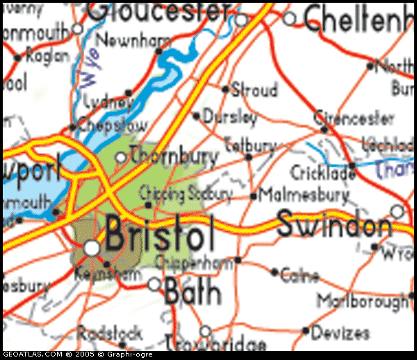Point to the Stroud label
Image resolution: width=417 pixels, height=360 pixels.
[x=254, y=90]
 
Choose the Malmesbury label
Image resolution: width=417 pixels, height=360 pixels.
[x=304, y=195]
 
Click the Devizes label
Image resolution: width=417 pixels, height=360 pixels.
[x=341, y=333]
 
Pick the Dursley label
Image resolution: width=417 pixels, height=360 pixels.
[x=230, y=117]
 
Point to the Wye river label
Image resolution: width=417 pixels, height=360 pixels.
[x=90, y=67]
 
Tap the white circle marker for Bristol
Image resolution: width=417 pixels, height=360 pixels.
[x=92, y=247]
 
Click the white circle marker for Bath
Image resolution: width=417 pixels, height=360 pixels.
[x=154, y=284]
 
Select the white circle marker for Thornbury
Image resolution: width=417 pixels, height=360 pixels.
[x=120, y=158]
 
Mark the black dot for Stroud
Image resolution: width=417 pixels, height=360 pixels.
[x=225, y=89]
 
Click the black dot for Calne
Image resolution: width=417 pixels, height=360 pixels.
[x=275, y=272]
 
